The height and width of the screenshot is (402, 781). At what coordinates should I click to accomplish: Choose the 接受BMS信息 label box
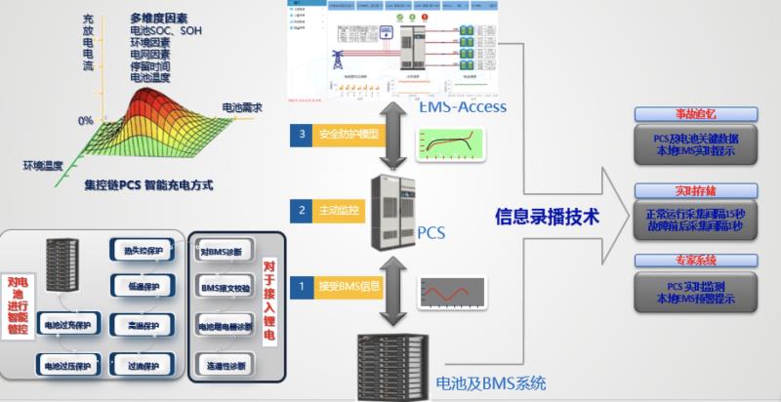coord(349,286)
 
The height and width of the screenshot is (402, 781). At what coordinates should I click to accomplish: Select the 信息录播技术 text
coord(543,214)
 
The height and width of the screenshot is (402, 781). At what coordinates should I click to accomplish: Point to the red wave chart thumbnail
coord(451,293)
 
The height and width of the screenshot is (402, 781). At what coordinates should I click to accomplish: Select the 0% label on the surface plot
coord(86,120)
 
